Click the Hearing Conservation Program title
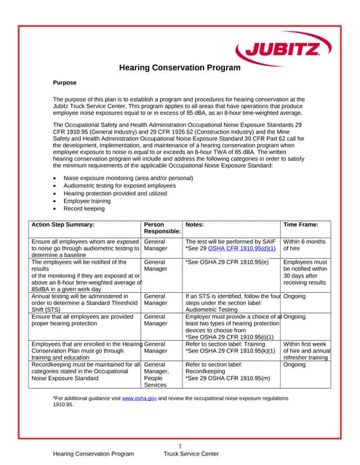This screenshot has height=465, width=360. pos(179,68)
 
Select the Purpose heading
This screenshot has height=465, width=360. pos(65,83)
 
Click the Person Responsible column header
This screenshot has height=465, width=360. pos(161,229)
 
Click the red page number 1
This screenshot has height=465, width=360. pos(180,446)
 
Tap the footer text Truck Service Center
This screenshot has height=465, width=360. pos(191,454)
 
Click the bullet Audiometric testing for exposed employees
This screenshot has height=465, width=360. pos(120,185)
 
